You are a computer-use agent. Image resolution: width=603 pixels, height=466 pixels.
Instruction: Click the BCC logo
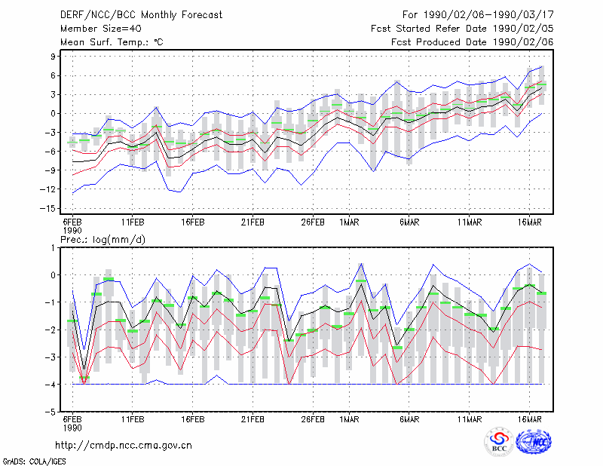click(499, 442)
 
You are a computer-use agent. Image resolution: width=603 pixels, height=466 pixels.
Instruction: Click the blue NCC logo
click(534, 442)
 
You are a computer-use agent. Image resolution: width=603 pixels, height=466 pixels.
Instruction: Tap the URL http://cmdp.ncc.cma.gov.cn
click(124, 446)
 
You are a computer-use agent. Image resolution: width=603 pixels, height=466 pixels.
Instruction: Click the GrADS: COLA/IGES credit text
click(34, 461)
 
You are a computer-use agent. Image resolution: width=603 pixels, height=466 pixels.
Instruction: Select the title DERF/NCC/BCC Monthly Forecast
click(141, 15)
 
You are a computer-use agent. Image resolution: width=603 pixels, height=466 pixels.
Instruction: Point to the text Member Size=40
click(101, 29)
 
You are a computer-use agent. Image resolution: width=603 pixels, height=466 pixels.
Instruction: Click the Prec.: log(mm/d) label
click(103, 240)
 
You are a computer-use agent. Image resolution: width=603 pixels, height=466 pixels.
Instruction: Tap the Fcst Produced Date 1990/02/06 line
click(472, 42)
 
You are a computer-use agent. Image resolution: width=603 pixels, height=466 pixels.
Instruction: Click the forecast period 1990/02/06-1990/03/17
click(488, 15)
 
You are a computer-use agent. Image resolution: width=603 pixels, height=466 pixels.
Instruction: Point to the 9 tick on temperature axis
click(53, 57)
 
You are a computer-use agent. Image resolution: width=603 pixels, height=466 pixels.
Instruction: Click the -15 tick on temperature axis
click(47, 209)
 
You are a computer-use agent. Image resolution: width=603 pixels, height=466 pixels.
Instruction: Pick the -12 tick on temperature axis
click(47, 189)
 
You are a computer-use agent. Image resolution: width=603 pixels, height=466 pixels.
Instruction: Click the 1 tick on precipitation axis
click(53, 248)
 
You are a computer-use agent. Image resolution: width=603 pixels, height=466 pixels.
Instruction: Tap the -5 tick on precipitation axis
click(51, 412)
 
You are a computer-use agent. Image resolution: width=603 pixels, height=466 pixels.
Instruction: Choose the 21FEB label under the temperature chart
click(253, 222)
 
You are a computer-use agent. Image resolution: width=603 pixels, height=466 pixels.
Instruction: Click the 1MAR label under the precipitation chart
click(349, 419)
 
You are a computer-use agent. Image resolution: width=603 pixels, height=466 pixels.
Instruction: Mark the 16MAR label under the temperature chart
click(530, 222)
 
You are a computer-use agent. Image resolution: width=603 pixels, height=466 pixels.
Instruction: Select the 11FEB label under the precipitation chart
click(133, 419)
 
